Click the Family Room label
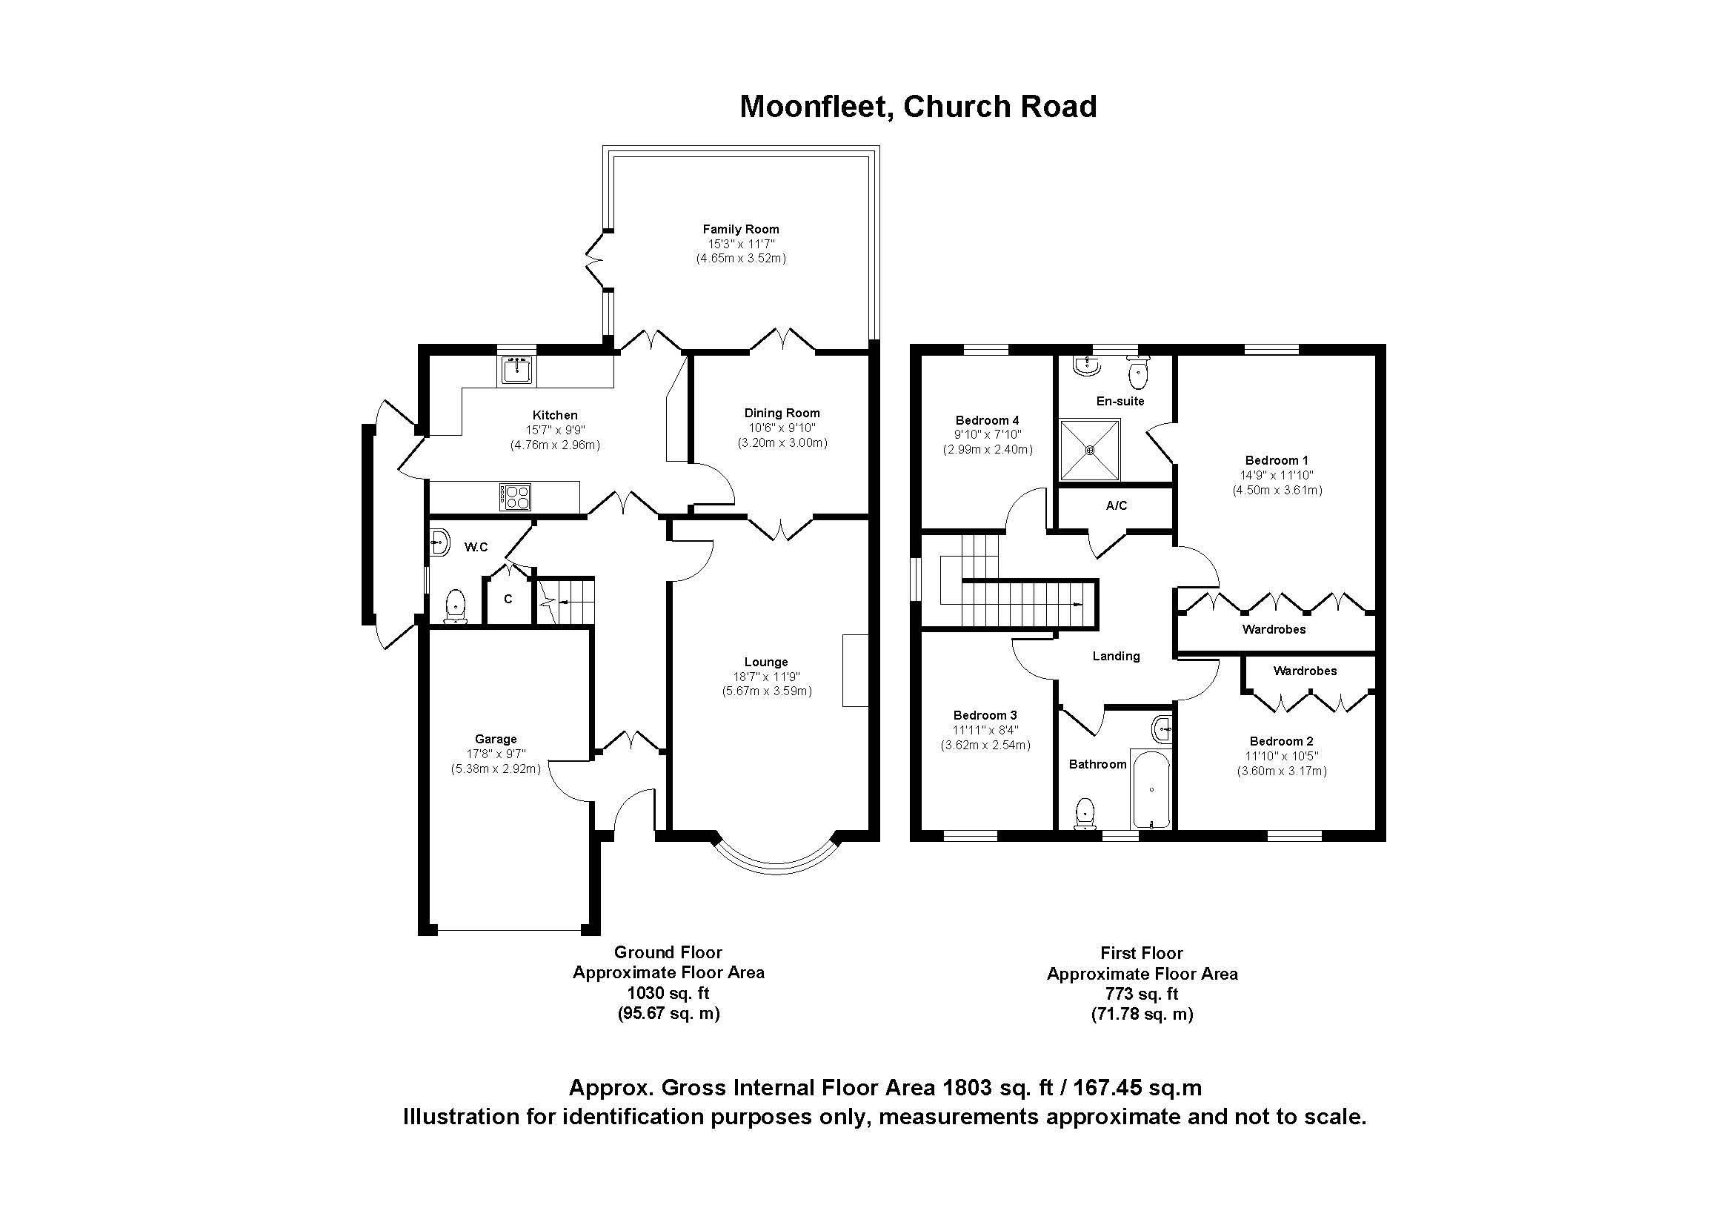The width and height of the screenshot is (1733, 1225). coord(739,230)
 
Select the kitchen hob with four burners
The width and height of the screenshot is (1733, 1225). coord(515,497)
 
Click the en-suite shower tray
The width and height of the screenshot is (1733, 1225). coord(1090,451)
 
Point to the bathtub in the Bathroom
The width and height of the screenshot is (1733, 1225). coord(1151,789)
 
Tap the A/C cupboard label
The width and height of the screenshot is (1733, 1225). coord(1116,505)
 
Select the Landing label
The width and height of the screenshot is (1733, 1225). coord(1116,657)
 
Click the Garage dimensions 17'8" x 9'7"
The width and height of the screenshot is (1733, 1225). coord(496,754)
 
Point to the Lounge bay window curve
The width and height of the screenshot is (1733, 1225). coord(776,869)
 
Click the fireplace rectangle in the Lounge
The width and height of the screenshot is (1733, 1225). coord(855,670)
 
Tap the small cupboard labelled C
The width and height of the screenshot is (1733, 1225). coord(508,600)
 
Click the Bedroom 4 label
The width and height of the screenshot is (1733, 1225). coord(986,420)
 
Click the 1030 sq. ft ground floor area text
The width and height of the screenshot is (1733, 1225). coord(668,993)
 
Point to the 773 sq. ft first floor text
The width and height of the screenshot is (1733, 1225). coord(1141,994)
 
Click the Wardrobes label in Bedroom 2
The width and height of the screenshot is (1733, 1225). coord(1304,671)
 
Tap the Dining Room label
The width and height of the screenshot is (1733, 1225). coord(781,414)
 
